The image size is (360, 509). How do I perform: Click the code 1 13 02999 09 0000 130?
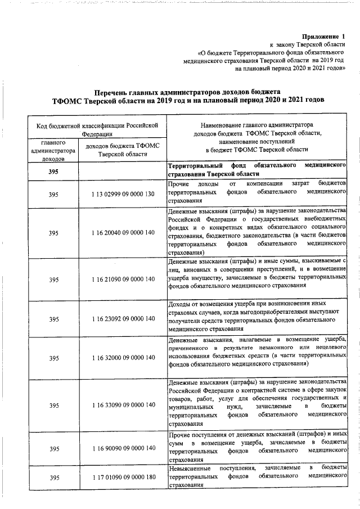(x=123, y=193)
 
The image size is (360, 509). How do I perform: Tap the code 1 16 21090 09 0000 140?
(x=123, y=279)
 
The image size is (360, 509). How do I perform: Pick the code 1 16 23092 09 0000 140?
(x=123, y=319)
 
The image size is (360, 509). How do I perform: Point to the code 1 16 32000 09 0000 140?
(x=123, y=358)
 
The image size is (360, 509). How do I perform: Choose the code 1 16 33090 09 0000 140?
(x=123, y=405)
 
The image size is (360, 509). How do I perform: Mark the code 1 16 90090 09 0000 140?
(x=123, y=448)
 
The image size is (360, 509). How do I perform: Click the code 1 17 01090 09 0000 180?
(x=123, y=478)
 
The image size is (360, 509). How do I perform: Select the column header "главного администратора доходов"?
(x=53, y=151)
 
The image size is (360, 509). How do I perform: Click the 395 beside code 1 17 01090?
(x=53, y=478)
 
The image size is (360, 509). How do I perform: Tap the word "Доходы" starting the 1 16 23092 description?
(x=180, y=305)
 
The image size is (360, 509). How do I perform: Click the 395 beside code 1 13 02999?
(x=53, y=193)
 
